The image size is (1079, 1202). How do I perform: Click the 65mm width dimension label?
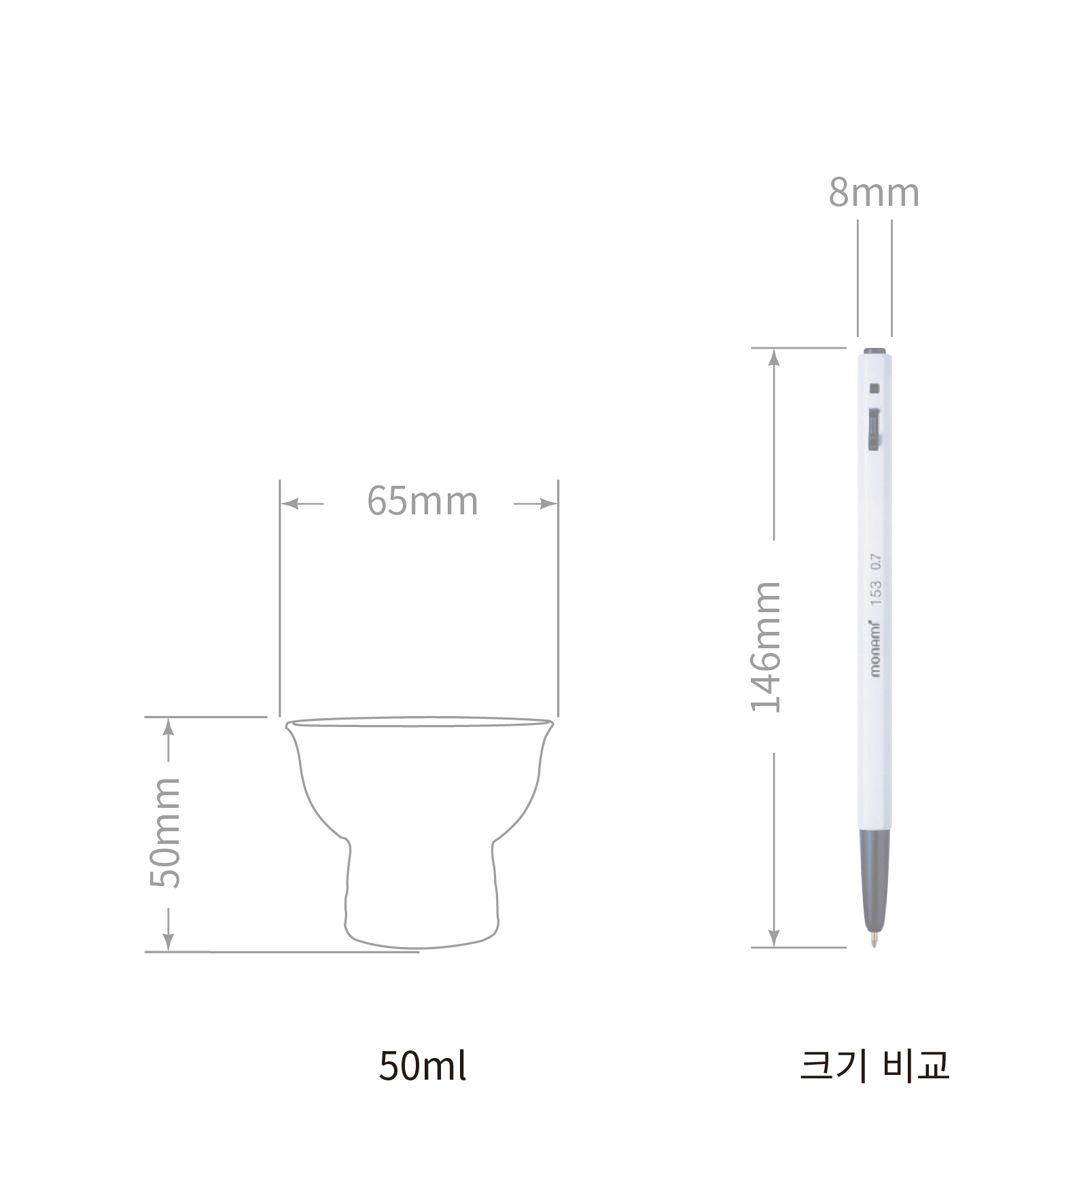pos(423,501)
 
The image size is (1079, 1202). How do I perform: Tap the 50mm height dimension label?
pos(165,832)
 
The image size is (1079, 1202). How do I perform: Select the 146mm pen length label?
pos(766,647)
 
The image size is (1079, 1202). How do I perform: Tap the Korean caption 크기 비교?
pos(874,1065)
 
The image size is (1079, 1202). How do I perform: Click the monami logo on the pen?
pos(875,649)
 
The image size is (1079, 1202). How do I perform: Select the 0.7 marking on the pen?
pos(876,562)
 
